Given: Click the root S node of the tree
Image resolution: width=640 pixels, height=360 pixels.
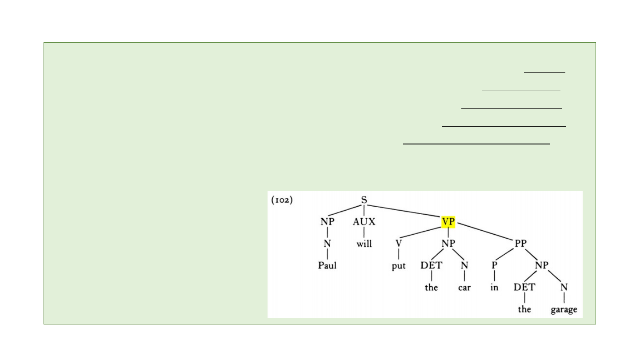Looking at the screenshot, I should pos(364,200).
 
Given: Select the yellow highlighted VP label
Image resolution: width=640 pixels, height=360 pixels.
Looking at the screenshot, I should pos(448,221).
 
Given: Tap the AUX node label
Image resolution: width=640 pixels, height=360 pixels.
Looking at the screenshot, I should pos(364,221).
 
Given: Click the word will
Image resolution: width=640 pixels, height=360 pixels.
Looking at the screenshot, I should pos(364,244).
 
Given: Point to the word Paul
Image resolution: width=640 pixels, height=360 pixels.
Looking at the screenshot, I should pos(327,265).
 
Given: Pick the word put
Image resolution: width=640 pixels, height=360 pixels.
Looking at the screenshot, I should pos(399,265).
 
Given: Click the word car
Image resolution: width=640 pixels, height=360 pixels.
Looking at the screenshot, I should pos(464,287).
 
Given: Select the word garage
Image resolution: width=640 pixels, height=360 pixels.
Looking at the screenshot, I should pos(564,309).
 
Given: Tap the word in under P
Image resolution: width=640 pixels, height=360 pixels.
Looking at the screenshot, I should pos(494,287).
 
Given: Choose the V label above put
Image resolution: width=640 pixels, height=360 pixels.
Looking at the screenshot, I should pos(399,244).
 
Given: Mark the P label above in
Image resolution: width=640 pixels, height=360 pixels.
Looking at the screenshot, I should pos(494,265).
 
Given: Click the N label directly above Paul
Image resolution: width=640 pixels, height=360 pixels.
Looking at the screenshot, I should pos(327,244).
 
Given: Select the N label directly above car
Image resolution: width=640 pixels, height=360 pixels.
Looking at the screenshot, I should pos(464,265).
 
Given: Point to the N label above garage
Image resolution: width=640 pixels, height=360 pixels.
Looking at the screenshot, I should pos(564,287).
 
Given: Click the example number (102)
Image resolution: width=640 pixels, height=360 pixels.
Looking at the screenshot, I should pos(282,200).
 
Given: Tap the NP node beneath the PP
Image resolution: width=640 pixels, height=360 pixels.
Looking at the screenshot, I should pos(542,265).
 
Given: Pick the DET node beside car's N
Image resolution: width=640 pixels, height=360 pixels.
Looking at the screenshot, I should pos(431,265).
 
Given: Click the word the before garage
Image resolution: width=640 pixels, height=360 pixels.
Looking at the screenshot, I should pos(524,309).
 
